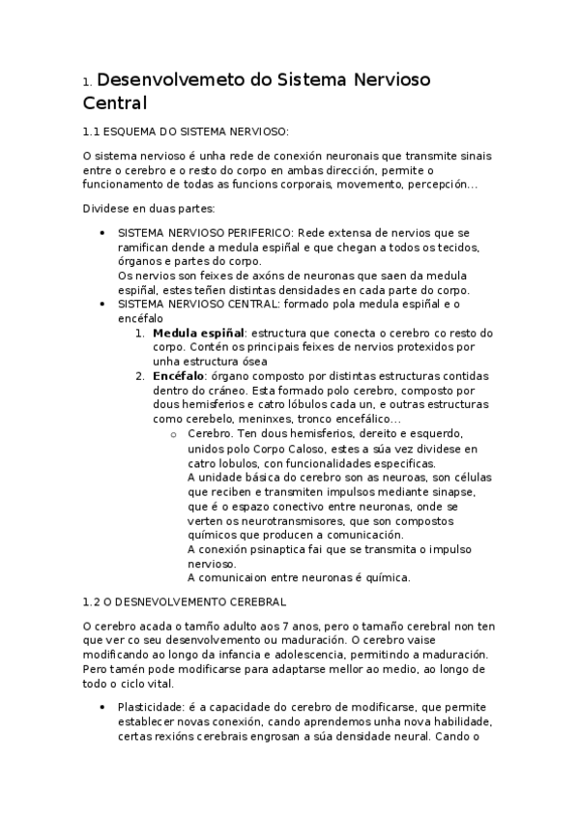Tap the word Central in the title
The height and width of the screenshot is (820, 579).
pyautogui.click(x=114, y=102)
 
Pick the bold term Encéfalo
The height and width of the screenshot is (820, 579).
pyautogui.click(x=179, y=375)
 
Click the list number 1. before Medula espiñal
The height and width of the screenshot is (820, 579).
pyautogui.click(x=140, y=333)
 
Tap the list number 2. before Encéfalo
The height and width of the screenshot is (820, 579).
pyautogui.click(x=140, y=375)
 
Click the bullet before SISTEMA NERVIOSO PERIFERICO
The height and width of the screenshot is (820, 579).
pyautogui.click(x=102, y=234)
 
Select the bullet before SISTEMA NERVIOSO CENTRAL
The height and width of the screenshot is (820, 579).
pyautogui.click(x=102, y=305)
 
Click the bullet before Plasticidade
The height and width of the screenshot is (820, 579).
pyautogui.click(x=102, y=708)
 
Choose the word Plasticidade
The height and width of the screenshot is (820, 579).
pyautogui.click(x=146, y=708)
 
